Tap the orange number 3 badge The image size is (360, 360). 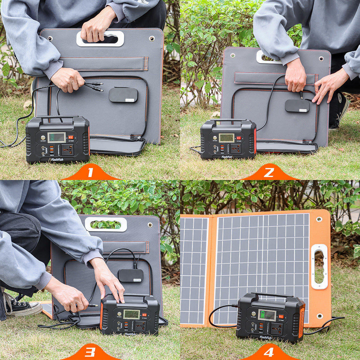[x=90, y=352]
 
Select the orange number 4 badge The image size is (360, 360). [x=269, y=352]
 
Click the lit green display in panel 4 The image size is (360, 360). [x=267, y=315]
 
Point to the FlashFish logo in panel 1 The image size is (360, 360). [x=57, y=160]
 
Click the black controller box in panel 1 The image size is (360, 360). [x=123, y=95]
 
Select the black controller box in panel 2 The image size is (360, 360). [x=297, y=106]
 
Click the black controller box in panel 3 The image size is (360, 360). [x=131, y=276]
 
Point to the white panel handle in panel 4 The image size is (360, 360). [x=319, y=267]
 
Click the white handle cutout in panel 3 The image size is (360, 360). [x=106, y=225]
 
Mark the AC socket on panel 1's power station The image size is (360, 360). [x=68, y=150]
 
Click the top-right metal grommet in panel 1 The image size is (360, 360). [x=152, y=39]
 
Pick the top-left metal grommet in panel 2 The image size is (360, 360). [x=233, y=55]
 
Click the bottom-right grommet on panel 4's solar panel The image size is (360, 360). [x=320, y=316]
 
